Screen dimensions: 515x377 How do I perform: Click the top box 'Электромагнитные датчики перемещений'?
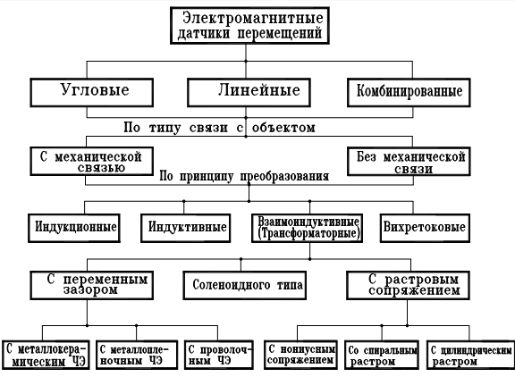(249, 26)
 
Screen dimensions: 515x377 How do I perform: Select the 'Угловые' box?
(91, 93)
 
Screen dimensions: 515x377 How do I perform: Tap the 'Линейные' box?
(249, 93)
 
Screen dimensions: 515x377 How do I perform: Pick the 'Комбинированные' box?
(409, 93)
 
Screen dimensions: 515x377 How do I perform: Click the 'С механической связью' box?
(91, 161)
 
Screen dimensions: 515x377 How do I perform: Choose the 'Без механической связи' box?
(409, 162)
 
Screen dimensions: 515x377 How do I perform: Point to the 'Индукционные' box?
(74, 228)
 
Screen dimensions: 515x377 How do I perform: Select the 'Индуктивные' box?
(186, 228)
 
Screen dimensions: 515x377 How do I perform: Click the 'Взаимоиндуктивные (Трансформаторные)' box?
(307, 228)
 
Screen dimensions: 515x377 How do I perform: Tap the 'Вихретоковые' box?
(425, 228)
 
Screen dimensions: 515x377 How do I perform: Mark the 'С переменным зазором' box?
(91, 285)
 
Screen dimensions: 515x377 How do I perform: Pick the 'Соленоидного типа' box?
(245, 285)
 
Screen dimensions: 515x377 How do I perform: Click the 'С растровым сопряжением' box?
(409, 285)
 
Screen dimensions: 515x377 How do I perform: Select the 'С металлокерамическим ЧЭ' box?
(46, 355)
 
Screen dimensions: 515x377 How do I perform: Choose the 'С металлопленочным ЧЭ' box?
(137, 355)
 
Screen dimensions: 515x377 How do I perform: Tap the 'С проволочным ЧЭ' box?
(219, 355)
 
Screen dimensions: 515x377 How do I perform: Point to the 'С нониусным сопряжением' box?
(300, 355)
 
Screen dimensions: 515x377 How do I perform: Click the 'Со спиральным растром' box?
(382, 355)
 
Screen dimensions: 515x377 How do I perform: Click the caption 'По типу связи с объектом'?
(219, 128)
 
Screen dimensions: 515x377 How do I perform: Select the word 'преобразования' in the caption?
(284, 177)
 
